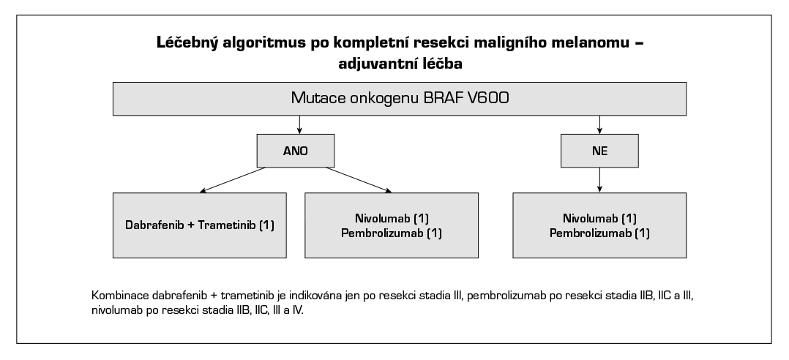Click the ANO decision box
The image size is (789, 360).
(296, 151)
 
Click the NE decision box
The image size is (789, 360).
(600, 151)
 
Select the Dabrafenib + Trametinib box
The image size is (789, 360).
(200, 225)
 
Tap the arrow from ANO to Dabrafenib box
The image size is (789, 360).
(233, 179)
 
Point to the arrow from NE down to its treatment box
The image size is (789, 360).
(600, 180)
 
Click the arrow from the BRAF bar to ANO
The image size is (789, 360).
(299, 124)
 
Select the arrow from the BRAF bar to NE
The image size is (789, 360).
(600, 124)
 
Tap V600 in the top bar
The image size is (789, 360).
(488, 98)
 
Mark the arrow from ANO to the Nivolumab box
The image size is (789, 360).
(359, 179)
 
